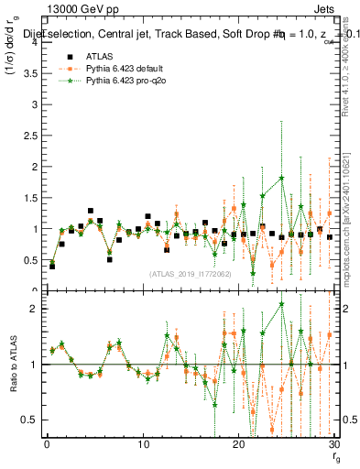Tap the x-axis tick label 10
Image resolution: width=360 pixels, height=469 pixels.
coord(143,445)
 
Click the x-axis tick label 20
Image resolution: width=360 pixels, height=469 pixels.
coord(239,445)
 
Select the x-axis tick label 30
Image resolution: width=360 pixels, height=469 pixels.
coord(334,445)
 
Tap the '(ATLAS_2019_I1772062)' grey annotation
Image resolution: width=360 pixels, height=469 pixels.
coord(191,273)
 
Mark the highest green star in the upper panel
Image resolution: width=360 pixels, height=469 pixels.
coord(281,178)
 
